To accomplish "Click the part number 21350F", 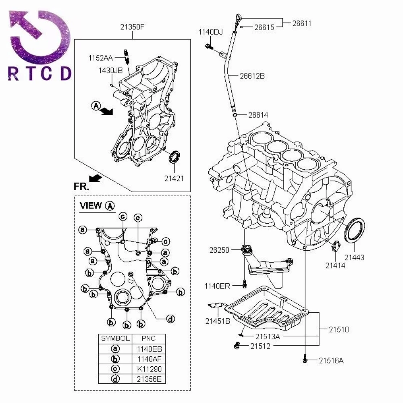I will [132, 27].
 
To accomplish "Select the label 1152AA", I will [101, 58].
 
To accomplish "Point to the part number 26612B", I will [252, 75].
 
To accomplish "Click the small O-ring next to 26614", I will [234, 116].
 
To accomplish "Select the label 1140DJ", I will [210, 31].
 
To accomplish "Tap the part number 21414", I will [336, 266].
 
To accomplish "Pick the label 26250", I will [219, 250].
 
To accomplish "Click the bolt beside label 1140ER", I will [244, 285].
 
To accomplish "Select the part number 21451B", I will [218, 321].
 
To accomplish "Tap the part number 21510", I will [339, 329].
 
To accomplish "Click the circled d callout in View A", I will [171, 318].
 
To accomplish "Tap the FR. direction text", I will [81, 186].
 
